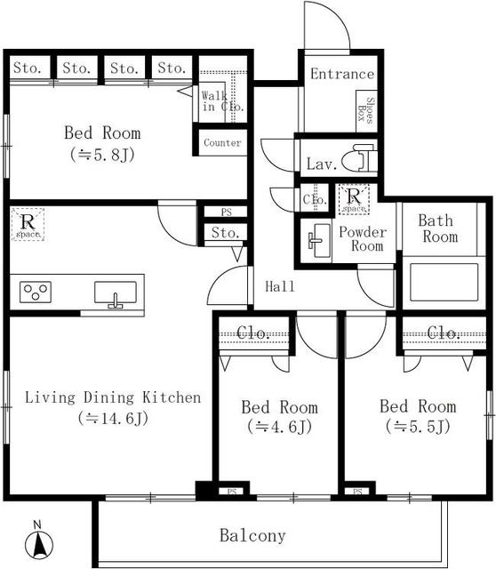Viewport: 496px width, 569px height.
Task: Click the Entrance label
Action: (x=342, y=74)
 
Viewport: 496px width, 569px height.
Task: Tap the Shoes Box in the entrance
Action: (x=367, y=111)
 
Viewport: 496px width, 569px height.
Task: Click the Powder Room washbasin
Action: (x=316, y=239)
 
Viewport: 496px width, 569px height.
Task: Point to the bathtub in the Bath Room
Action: (x=444, y=282)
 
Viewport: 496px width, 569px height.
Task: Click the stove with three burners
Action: (x=36, y=292)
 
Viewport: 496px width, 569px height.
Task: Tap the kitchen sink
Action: (x=116, y=293)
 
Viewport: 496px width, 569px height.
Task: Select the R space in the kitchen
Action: (x=28, y=224)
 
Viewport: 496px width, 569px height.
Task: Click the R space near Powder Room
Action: (x=354, y=199)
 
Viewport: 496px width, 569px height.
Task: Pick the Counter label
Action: (x=222, y=143)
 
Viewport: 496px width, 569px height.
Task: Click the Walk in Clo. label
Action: (x=222, y=101)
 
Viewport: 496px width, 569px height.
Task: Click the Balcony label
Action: (x=252, y=535)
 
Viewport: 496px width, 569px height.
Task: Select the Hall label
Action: (x=280, y=286)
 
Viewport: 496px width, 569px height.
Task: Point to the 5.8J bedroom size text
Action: (x=102, y=155)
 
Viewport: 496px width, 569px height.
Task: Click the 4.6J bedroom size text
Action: (x=280, y=427)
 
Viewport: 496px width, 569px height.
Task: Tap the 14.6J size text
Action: (x=113, y=419)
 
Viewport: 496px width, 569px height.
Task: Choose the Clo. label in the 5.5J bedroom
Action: (x=444, y=333)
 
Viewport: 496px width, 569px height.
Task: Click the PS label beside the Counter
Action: (x=226, y=212)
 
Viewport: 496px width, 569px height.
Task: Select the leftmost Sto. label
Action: (x=27, y=68)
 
